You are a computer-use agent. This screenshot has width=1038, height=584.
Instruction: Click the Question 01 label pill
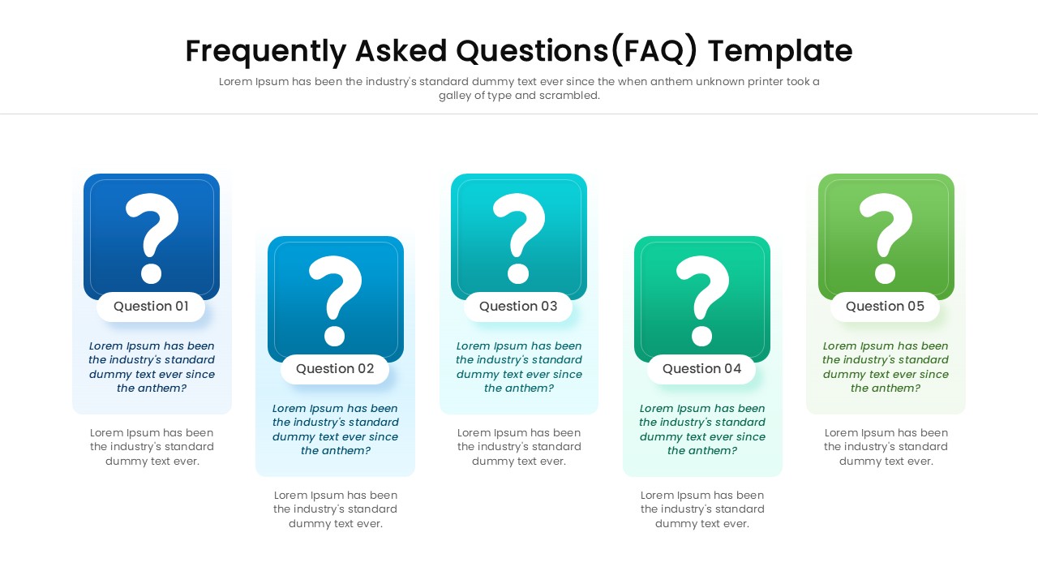[x=151, y=307]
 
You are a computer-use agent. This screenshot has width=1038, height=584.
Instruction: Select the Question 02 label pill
[x=335, y=369]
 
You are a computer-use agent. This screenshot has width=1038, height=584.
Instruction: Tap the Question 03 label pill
[x=518, y=307]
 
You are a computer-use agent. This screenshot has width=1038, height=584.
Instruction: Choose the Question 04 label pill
[x=701, y=369]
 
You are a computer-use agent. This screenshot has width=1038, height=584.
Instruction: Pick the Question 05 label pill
[x=885, y=307]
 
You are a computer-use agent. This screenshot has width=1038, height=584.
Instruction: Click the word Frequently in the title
[x=265, y=51]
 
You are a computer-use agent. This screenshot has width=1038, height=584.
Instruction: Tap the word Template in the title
[x=779, y=51]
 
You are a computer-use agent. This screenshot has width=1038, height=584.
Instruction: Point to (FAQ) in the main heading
[x=654, y=51]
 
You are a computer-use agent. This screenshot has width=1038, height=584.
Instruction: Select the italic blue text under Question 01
[x=152, y=367]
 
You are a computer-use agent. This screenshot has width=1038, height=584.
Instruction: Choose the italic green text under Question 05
[x=886, y=367]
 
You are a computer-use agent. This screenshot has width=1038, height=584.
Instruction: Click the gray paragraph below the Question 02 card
[x=335, y=509]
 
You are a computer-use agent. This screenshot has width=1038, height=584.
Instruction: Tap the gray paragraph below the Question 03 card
[x=519, y=447]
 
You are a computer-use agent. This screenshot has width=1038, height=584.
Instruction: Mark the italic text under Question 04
[x=702, y=429]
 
